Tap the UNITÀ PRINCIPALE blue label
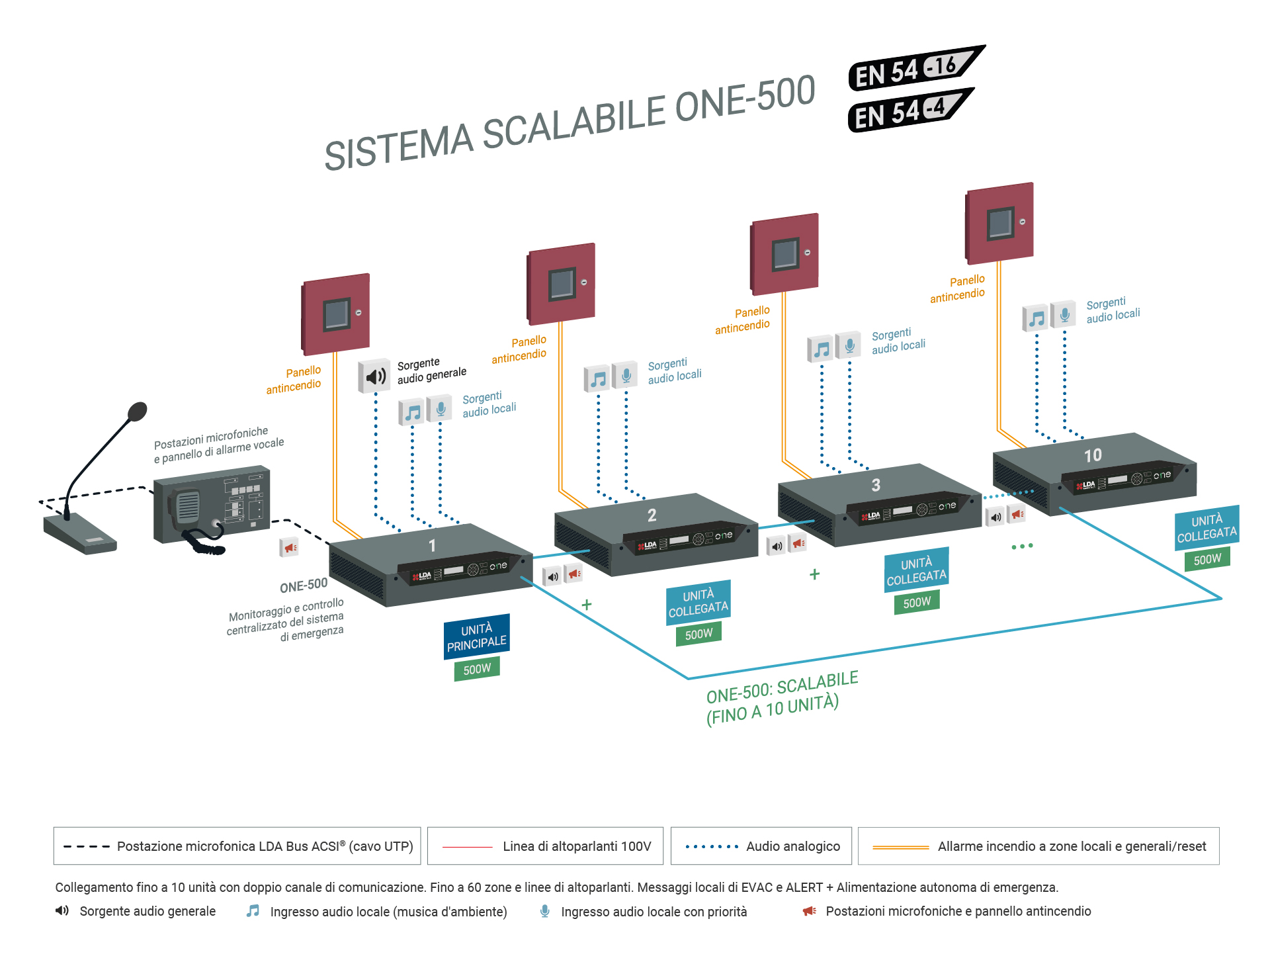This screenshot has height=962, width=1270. [x=476, y=636]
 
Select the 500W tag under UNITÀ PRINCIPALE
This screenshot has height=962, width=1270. [x=477, y=669]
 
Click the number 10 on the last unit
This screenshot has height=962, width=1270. [x=1093, y=455]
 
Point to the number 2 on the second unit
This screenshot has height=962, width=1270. [x=652, y=515]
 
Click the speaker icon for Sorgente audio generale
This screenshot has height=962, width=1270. [x=374, y=376]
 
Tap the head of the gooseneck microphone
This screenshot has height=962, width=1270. [x=137, y=412]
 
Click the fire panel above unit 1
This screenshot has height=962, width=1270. [x=335, y=314]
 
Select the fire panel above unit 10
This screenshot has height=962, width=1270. [x=999, y=224]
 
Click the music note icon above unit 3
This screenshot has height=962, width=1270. [x=821, y=349]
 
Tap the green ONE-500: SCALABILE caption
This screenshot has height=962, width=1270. [x=782, y=698]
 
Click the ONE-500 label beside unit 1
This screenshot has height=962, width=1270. [x=304, y=586]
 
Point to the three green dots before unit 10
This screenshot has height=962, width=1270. [x=1022, y=547]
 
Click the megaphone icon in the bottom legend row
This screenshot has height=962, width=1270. [x=810, y=911]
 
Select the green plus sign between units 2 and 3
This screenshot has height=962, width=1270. [x=815, y=574]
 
